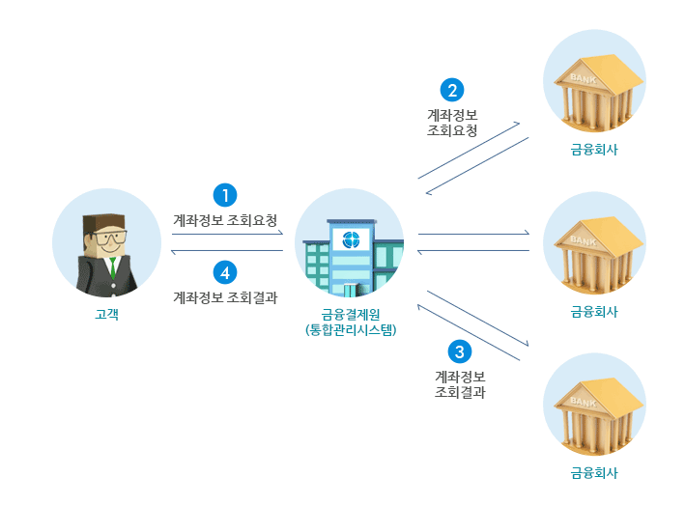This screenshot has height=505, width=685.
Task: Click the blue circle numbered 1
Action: [x=225, y=195]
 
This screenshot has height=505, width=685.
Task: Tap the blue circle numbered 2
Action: [x=452, y=90]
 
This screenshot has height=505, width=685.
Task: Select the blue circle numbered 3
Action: [x=460, y=351]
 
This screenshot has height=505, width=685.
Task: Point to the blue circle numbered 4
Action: [x=225, y=272]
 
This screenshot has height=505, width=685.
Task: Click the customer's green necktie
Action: [x=112, y=267]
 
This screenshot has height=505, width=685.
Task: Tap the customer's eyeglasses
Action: [x=108, y=237]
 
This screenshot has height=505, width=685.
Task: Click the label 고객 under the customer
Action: [x=107, y=314]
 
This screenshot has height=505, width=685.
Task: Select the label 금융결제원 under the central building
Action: [x=349, y=314]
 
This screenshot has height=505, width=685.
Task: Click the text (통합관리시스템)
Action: [x=349, y=329]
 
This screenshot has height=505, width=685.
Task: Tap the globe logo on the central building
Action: [x=351, y=239]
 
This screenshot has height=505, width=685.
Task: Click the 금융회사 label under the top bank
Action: [x=593, y=150]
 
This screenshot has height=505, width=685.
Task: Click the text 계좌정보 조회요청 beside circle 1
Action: [x=225, y=219]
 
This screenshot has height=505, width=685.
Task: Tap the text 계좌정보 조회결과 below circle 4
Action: [x=225, y=297]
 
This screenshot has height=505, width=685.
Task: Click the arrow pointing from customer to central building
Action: [x=226, y=234]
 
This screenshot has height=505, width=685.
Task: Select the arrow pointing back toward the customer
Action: [x=226, y=251]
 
